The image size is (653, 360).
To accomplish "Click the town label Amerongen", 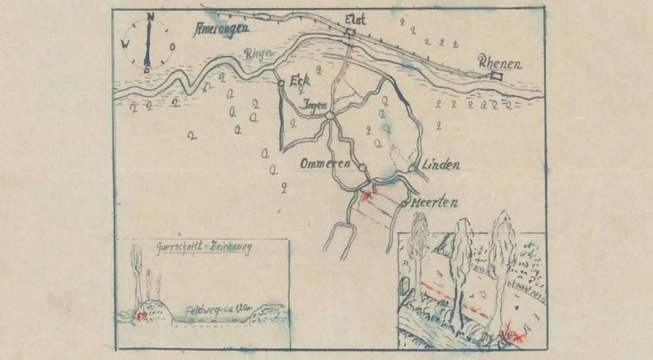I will (x=221, y=29).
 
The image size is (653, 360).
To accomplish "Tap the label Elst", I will (x=355, y=20).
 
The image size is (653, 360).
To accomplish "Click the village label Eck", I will (x=300, y=80).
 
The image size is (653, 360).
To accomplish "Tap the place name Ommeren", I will (x=326, y=163).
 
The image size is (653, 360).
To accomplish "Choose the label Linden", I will (x=441, y=164).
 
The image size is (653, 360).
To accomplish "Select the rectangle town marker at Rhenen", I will (x=496, y=77).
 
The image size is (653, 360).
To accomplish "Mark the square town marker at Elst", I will (x=351, y=33).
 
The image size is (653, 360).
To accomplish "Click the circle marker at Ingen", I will (x=329, y=116).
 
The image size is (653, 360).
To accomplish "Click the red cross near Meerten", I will (x=369, y=193).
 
